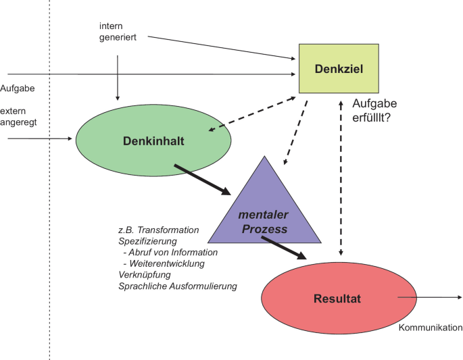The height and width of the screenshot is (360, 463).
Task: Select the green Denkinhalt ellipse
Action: click(x=153, y=140)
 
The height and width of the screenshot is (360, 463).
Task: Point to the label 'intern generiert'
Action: click(x=117, y=32)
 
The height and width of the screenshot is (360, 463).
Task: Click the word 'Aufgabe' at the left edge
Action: click(x=18, y=88)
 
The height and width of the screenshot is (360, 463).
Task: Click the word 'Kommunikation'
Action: click(x=430, y=328)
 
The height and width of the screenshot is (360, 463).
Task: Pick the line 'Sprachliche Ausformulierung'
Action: click(x=177, y=286)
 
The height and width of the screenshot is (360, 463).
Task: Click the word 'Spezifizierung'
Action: click(x=147, y=241)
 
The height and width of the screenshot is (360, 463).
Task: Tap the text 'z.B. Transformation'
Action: click(x=158, y=230)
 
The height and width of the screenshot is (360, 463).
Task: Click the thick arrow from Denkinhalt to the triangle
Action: click(x=203, y=179)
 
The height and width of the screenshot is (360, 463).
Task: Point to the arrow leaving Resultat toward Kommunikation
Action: click(x=429, y=297)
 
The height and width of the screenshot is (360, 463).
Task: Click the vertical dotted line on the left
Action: click(x=49, y=203)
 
